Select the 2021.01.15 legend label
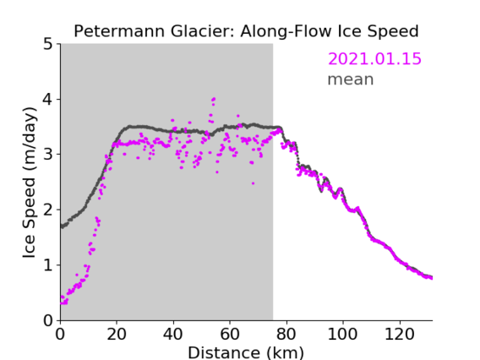click(374, 59)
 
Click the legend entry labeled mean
click(351, 79)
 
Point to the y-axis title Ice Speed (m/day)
click(30, 183)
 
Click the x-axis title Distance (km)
click(246, 352)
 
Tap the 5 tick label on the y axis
click(48, 44)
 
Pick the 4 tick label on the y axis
click(48, 100)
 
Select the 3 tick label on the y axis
click(48, 155)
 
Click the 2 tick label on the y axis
click(48, 210)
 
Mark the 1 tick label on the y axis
click(48, 265)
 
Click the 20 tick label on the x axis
click(117, 334)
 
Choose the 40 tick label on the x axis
click(173, 334)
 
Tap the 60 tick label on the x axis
click(230, 334)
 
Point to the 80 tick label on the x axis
click(286, 334)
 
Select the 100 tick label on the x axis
click(342, 334)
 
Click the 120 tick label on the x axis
click(399, 334)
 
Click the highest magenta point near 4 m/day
click(214, 99)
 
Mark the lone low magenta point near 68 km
click(254, 183)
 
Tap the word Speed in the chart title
click(393, 31)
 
